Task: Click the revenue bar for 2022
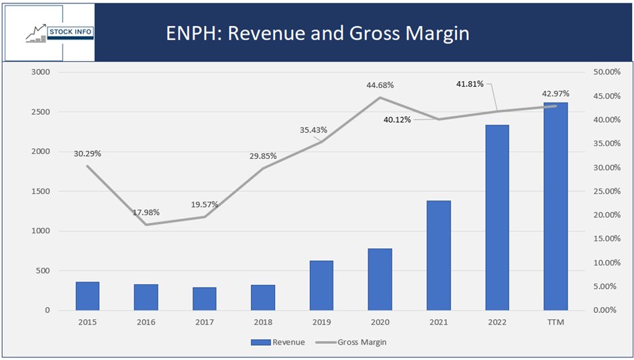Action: click(x=497, y=218)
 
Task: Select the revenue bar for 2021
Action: click(x=439, y=255)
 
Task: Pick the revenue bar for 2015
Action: click(x=87, y=296)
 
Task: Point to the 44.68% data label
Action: click(x=380, y=85)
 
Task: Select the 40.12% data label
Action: click(x=397, y=119)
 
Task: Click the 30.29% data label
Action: click(x=87, y=154)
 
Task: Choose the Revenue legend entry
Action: click(x=278, y=342)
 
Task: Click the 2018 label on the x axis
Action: click(x=263, y=322)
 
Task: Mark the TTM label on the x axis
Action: click(x=556, y=322)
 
